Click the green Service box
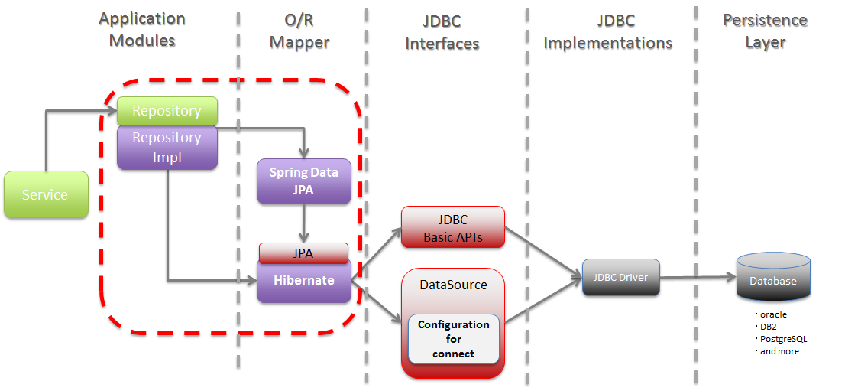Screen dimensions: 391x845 point(45,195)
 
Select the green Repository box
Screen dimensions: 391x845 point(167,111)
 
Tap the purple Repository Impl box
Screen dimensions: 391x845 point(167,147)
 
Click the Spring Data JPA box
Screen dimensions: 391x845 point(303,181)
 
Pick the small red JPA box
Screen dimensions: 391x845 point(303,252)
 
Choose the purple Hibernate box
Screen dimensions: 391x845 point(303,280)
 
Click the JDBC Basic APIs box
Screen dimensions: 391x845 point(453,227)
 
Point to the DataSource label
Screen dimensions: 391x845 point(453,285)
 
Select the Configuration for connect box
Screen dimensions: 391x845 point(453,339)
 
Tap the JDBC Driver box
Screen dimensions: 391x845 point(621,277)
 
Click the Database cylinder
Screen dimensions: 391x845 point(772,280)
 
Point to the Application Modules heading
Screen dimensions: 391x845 point(142,29)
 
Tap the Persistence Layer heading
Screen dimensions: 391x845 point(765,31)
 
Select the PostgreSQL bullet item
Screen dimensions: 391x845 point(780,339)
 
